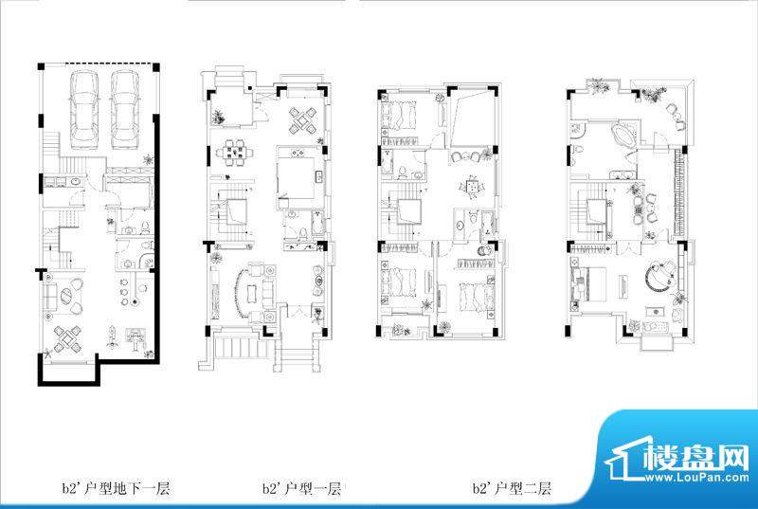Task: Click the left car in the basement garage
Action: tap(84, 110)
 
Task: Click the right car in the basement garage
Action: tap(125, 110)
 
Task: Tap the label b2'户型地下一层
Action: tap(116, 488)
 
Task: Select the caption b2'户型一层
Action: tap(302, 488)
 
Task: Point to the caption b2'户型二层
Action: tap(513, 488)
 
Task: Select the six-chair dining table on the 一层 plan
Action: tap(234, 153)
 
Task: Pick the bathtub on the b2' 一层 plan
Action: tap(318, 224)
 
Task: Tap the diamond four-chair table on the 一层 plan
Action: tap(302, 120)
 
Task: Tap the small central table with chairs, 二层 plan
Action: tap(472, 186)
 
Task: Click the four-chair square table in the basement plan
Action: tap(67, 339)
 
